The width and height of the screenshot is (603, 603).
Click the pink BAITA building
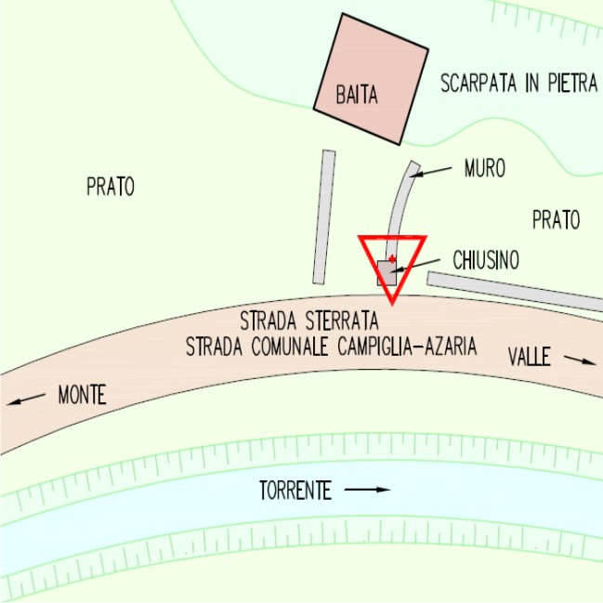point(370,79)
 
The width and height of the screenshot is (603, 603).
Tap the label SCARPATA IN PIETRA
point(518,84)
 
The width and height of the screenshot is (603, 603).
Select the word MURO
point(484,168)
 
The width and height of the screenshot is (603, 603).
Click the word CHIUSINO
point(485,261)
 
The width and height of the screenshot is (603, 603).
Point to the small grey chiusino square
point(387,272)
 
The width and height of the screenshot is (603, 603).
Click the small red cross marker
point(392,258)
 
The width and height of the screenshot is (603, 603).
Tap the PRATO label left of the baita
point(111,187)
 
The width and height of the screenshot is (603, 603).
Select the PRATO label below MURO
point(556,220)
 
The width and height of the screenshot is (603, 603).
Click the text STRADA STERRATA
point(308,322)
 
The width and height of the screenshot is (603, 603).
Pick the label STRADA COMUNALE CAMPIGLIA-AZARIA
point(331,347)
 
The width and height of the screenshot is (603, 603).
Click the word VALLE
point(530,356)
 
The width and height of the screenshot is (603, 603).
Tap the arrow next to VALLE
point(580,360)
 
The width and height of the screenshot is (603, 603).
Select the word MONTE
point(82,395)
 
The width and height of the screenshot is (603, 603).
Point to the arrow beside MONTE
point(25,400)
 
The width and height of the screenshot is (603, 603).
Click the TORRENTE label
point(295,491)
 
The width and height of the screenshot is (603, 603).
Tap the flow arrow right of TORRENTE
point(368,489)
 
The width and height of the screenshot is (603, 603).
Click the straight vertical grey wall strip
point(324,216)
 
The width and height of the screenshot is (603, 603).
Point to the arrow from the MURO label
point(433,171)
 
